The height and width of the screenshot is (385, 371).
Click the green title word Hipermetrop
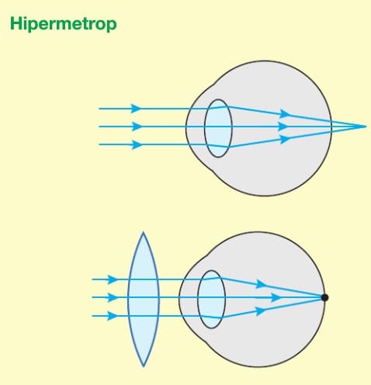[x=64, y=24]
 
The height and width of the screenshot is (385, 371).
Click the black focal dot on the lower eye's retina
[x=324, y=297]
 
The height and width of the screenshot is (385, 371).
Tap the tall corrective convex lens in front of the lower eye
[x=144, y=299]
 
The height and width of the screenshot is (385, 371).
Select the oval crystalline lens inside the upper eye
[x=218, y=128]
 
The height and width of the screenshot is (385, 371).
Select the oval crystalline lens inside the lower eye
[x=211, y=300]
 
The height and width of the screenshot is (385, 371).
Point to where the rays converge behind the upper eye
[x=366, y=127]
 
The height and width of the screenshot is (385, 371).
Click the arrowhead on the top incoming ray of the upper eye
[x=136, y=109]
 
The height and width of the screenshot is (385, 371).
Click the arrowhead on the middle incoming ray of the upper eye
[x=137, y=127]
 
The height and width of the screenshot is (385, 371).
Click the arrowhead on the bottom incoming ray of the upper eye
[x=137, y=144]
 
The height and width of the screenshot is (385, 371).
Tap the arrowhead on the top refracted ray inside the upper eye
[x=285, y=114]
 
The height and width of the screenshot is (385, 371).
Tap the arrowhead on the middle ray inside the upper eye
[x=283, y=127]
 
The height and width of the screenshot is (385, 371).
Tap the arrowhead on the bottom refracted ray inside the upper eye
[x=286, y=139]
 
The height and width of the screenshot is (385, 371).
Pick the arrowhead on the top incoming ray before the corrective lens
[x=113, y=279]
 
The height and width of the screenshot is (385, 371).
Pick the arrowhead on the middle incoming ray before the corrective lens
[x=113, y=297]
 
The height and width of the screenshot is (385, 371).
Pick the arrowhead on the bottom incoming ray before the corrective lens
[x=113, y=316]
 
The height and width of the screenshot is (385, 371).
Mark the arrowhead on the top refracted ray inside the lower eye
[x=261, y=284]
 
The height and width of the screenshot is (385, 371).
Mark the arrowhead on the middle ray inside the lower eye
[x=276, y=297]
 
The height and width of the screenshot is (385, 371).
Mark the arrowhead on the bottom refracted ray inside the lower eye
[x=261, y=311]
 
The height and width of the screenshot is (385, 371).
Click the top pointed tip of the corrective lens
[x=144, y=232]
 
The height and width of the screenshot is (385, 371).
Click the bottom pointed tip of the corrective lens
[x=144, y=366]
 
